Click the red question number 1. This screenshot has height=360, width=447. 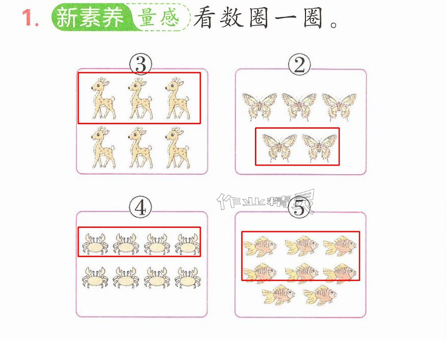tap(30, 18)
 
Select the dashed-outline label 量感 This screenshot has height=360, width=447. tap(159, 17)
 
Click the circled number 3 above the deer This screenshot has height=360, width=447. tap(140, 65)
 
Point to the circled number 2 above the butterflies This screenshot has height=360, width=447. tap(299, 65)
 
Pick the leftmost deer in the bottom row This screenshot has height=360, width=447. tap(104, 147)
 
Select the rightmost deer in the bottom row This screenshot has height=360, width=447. tap(177, 147)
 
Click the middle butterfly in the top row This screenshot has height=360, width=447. tap(299, 107)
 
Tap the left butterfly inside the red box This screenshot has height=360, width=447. tap(279, 148)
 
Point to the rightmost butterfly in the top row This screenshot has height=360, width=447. tap(339, 107)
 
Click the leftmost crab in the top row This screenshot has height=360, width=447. tap(95, 244)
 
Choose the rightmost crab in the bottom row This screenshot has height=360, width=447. tap(188, 277)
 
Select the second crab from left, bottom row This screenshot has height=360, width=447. tap(126, 277)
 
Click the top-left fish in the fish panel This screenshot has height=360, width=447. tap(260, 246)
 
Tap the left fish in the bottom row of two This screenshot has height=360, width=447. tap(278, 295)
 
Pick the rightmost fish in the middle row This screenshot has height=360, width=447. tap(340, 273)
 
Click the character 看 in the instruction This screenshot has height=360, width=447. tap(204, 18)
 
